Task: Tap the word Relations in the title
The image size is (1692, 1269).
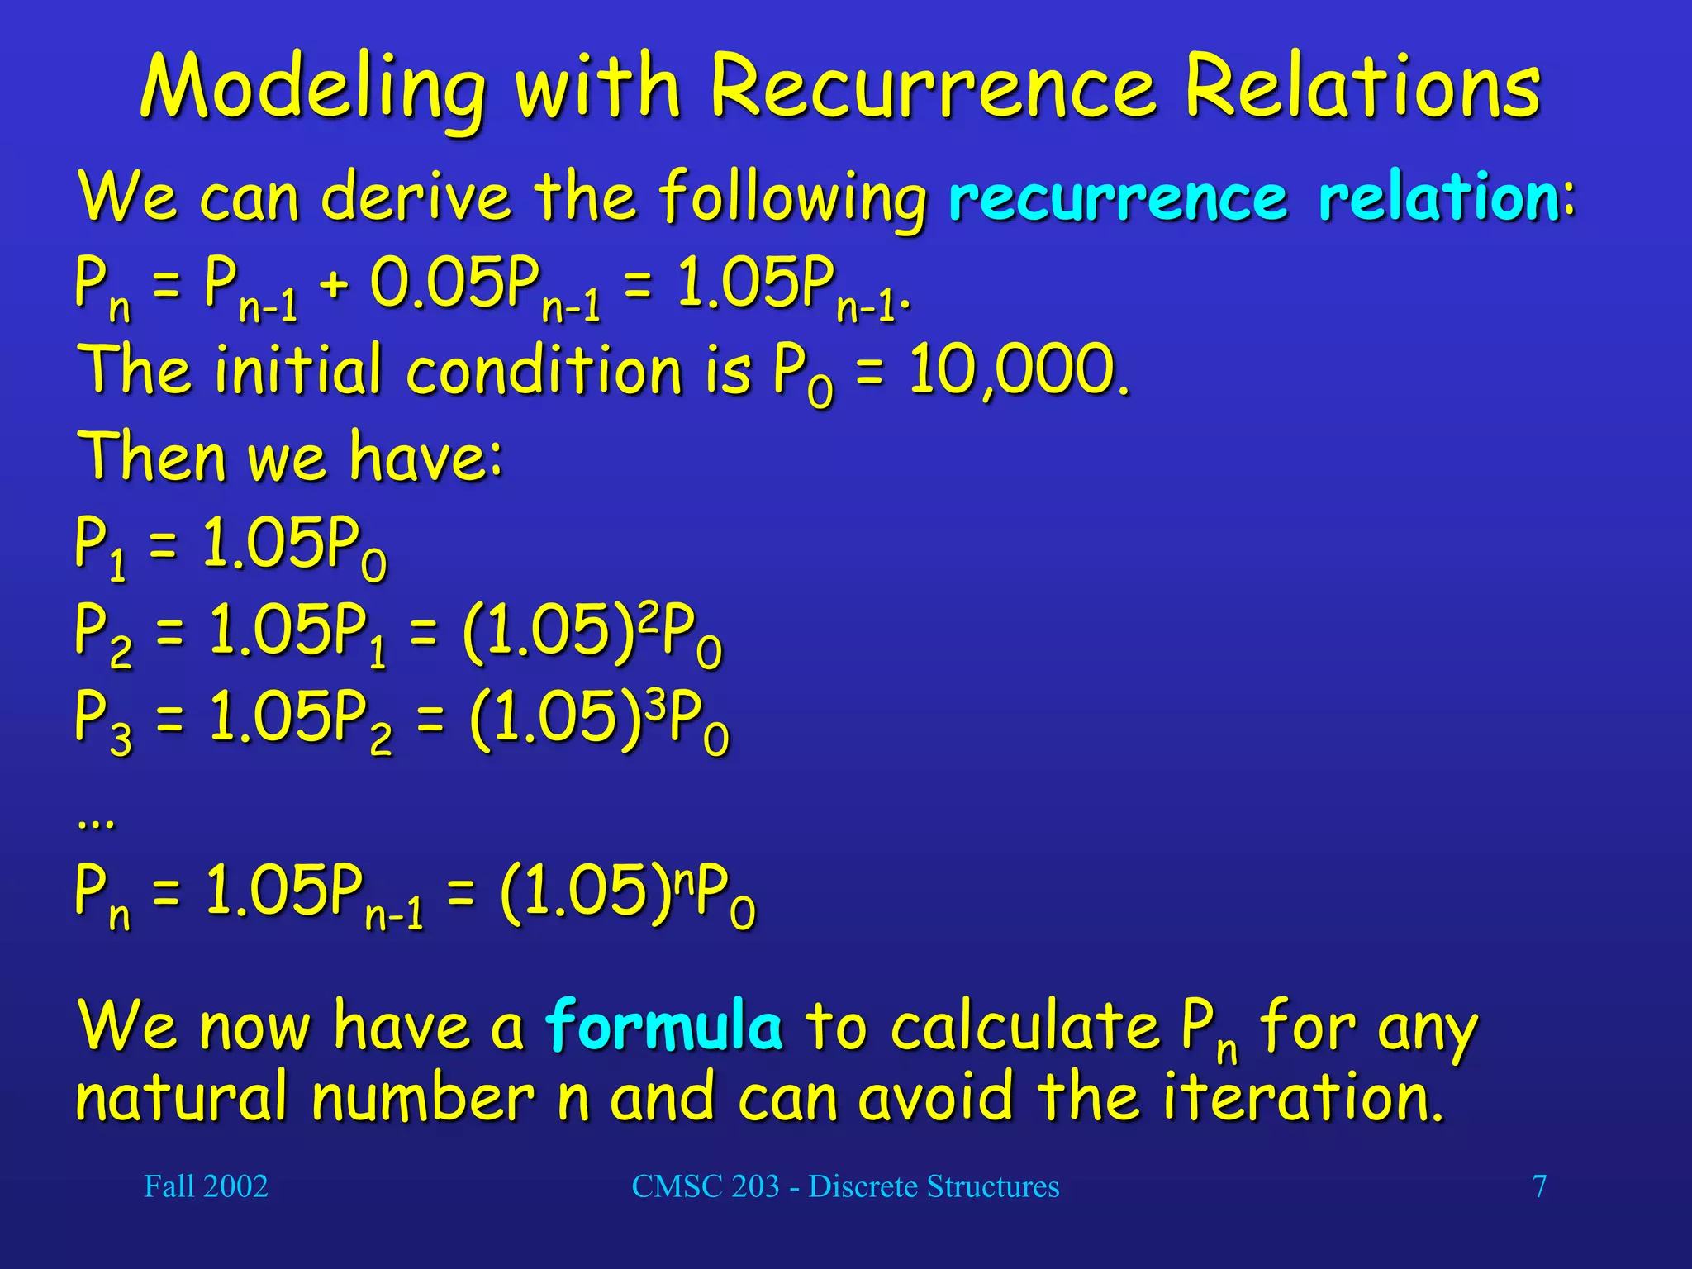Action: (1362, 86)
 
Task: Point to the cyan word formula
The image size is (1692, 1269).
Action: (664, 1025)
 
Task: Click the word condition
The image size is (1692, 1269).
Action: (544, 369)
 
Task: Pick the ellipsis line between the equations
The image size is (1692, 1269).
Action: (96, 822)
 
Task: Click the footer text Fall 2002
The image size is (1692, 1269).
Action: (206, 1186)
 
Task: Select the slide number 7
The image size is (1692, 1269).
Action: (1539, 1186)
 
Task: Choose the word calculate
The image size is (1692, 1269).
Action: (1025, 1026)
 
